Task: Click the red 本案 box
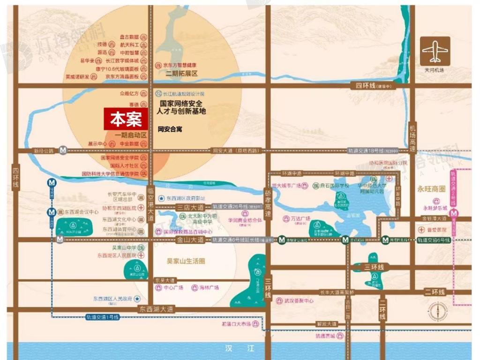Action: coord(126,120)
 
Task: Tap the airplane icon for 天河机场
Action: coord(435,51)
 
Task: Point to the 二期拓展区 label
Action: coord(182,74)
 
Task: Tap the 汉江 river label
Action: coord(239,349)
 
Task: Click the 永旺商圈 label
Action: coord(431,189)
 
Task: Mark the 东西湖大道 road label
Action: coord(156,309)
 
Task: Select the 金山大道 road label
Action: coord(190,240)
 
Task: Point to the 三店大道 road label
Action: coord(190,207)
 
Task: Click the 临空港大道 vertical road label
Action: coord(150,204)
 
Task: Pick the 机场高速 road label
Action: coord(412,138)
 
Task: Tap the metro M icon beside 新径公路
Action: coord(63,150)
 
